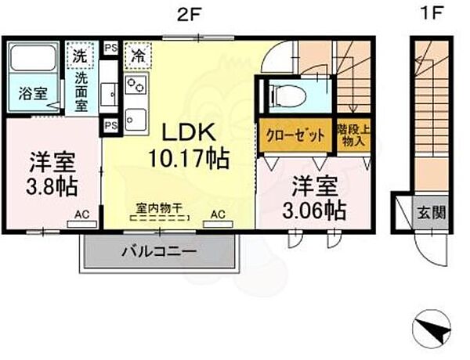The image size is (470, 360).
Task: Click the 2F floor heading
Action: [188, 14]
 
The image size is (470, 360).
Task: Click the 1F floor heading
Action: [432, 13]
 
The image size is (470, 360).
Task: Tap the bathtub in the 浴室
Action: [34, 58]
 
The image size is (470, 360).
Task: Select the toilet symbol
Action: [288, 96]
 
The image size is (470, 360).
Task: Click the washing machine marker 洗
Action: [81, 56]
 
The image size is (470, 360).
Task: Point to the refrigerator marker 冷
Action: [138, 56]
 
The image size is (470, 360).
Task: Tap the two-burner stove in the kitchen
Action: [136, 85]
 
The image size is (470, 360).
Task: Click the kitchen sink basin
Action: [136, 120]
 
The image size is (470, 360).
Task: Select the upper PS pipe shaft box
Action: [111, 48]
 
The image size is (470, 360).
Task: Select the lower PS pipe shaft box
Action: [111, 125]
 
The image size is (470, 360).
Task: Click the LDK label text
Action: [189, 132]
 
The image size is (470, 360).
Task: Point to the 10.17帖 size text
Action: [189, 158]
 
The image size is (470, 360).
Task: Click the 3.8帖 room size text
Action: [52, 187]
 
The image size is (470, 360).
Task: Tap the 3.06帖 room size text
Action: [315, 211]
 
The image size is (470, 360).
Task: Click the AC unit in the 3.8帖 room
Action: [82, 224]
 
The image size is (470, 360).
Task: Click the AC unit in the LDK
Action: [219, 224]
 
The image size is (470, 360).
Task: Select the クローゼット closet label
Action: [295, 135]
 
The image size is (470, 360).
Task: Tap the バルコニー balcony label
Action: [159, 251]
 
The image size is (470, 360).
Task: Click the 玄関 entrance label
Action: [432, 213]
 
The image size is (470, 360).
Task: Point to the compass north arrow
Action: [440, 332]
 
